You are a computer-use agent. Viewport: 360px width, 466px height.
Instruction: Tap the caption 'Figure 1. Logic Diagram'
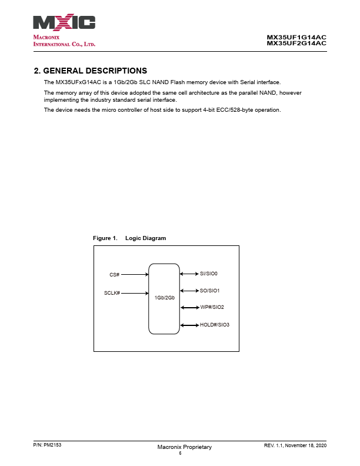click(129, 238)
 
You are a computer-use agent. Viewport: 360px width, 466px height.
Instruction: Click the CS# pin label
click(115, 275)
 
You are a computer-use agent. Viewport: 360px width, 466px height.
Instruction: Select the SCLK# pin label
click(112, 293)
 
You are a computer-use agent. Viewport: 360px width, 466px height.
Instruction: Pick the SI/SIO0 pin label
click(209, 274)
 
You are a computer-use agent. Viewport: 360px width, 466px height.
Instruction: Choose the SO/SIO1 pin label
click(209, 291)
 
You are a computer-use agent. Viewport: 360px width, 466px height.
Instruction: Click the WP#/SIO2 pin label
click(212, 307)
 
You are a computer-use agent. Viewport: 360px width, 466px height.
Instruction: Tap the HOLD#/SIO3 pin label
click(215, 325)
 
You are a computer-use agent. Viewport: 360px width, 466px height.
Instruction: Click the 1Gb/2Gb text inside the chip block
click(164, 298)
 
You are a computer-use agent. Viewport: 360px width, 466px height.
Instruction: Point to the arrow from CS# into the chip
click(135, 274)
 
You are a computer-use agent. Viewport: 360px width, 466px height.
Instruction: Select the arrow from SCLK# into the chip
click(135, 293)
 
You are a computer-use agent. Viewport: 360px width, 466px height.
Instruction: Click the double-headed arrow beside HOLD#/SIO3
click(189, 325)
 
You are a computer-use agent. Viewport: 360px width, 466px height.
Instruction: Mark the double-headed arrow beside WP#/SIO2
click(189, 307)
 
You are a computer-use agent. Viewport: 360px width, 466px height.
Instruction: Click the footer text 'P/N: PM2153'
click(48, 446)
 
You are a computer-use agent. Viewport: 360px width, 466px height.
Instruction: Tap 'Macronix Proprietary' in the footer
click(184, 448)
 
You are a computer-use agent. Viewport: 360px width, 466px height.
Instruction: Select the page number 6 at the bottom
click(180, 454)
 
